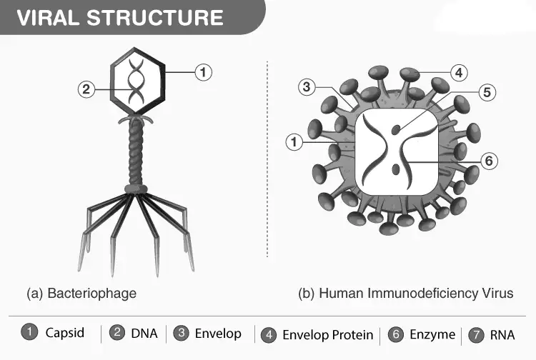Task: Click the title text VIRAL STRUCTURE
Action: coord(120,18)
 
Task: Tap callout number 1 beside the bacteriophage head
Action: coord(204,72)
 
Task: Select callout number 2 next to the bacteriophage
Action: coord(86,89)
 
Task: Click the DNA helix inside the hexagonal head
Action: coord(136,81)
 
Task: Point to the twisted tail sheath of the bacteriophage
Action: coord(136,154)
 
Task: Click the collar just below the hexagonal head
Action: coord(136,119)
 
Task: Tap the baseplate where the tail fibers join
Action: coord(136,189)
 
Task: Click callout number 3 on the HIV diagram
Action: coord(307,86)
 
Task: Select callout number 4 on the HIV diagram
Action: coord(459,72)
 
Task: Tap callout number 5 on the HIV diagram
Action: coord(487,92)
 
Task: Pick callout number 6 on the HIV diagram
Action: coord(489,161)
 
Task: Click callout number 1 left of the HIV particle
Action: coord(294,141)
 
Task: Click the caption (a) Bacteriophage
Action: coord(81,294)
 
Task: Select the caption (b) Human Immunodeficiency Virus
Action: coord(406,294)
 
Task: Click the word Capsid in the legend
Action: coord(64,333)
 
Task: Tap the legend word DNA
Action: coord(144,334)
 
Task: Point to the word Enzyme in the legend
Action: coord(432,334)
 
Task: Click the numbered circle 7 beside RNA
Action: coord(476,335)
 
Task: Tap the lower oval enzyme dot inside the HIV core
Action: coord(396,169)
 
